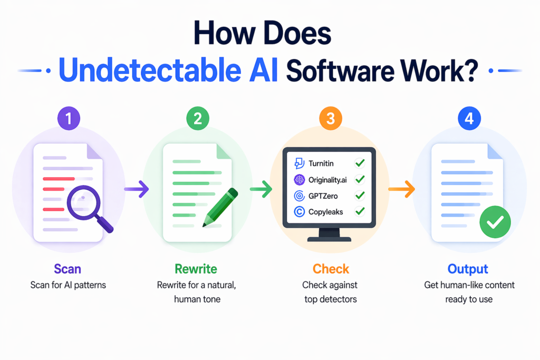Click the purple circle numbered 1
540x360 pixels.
pos(67,119)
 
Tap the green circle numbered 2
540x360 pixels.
pos(198,119)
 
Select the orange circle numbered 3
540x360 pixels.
pos(330,119)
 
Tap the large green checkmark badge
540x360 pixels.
pos(495,223)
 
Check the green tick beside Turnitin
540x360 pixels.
pos(361,163)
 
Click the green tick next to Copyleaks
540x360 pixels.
pos(361,212)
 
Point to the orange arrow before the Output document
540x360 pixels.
pos(401,189)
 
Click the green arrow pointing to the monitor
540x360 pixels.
pos(262,189)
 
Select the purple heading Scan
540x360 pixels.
pos(67,269)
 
